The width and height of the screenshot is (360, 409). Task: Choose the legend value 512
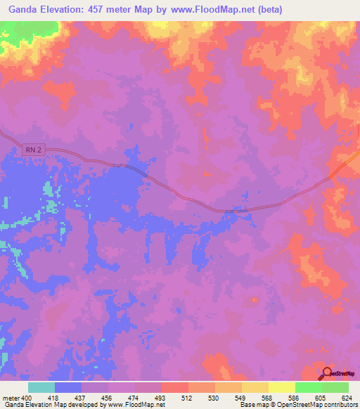tap(188, 398)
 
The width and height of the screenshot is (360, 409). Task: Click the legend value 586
tap(295, 398)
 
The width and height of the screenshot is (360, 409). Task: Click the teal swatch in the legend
tap(41, 387)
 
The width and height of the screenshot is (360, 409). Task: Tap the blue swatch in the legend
tap(68, 387)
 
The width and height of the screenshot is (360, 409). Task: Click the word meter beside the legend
tap(11, 398)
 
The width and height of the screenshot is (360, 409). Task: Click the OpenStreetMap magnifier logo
tap(328, 374)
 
